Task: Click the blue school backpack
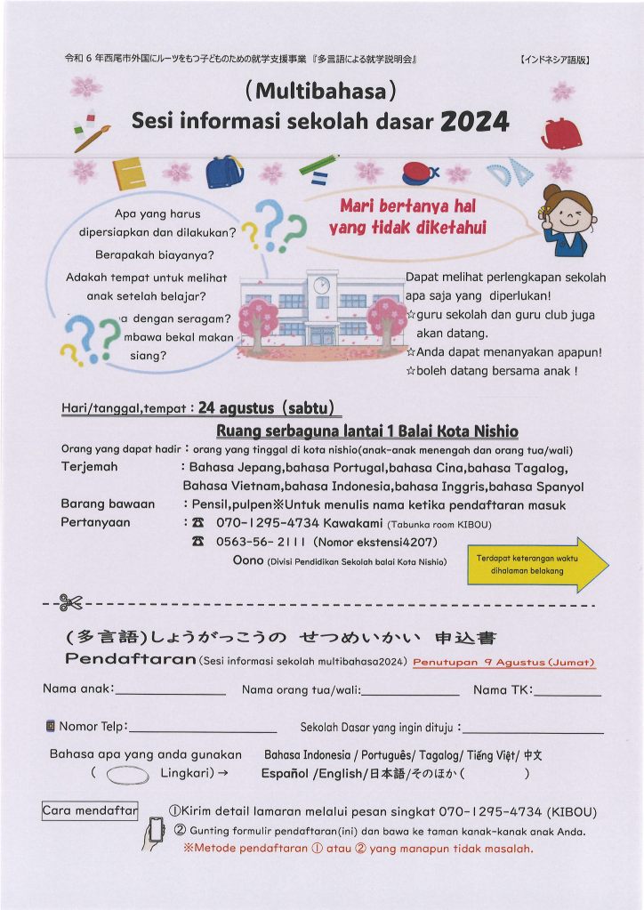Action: click(x=225, y=171)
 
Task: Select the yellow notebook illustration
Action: click(x=129, y=173)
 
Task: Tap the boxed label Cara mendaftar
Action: click(x=90, y=810)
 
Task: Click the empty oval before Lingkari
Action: click(x=126, y=775)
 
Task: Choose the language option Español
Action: click(x=285, y=774)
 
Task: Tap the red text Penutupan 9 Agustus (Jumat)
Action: click(x=503, y=663)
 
